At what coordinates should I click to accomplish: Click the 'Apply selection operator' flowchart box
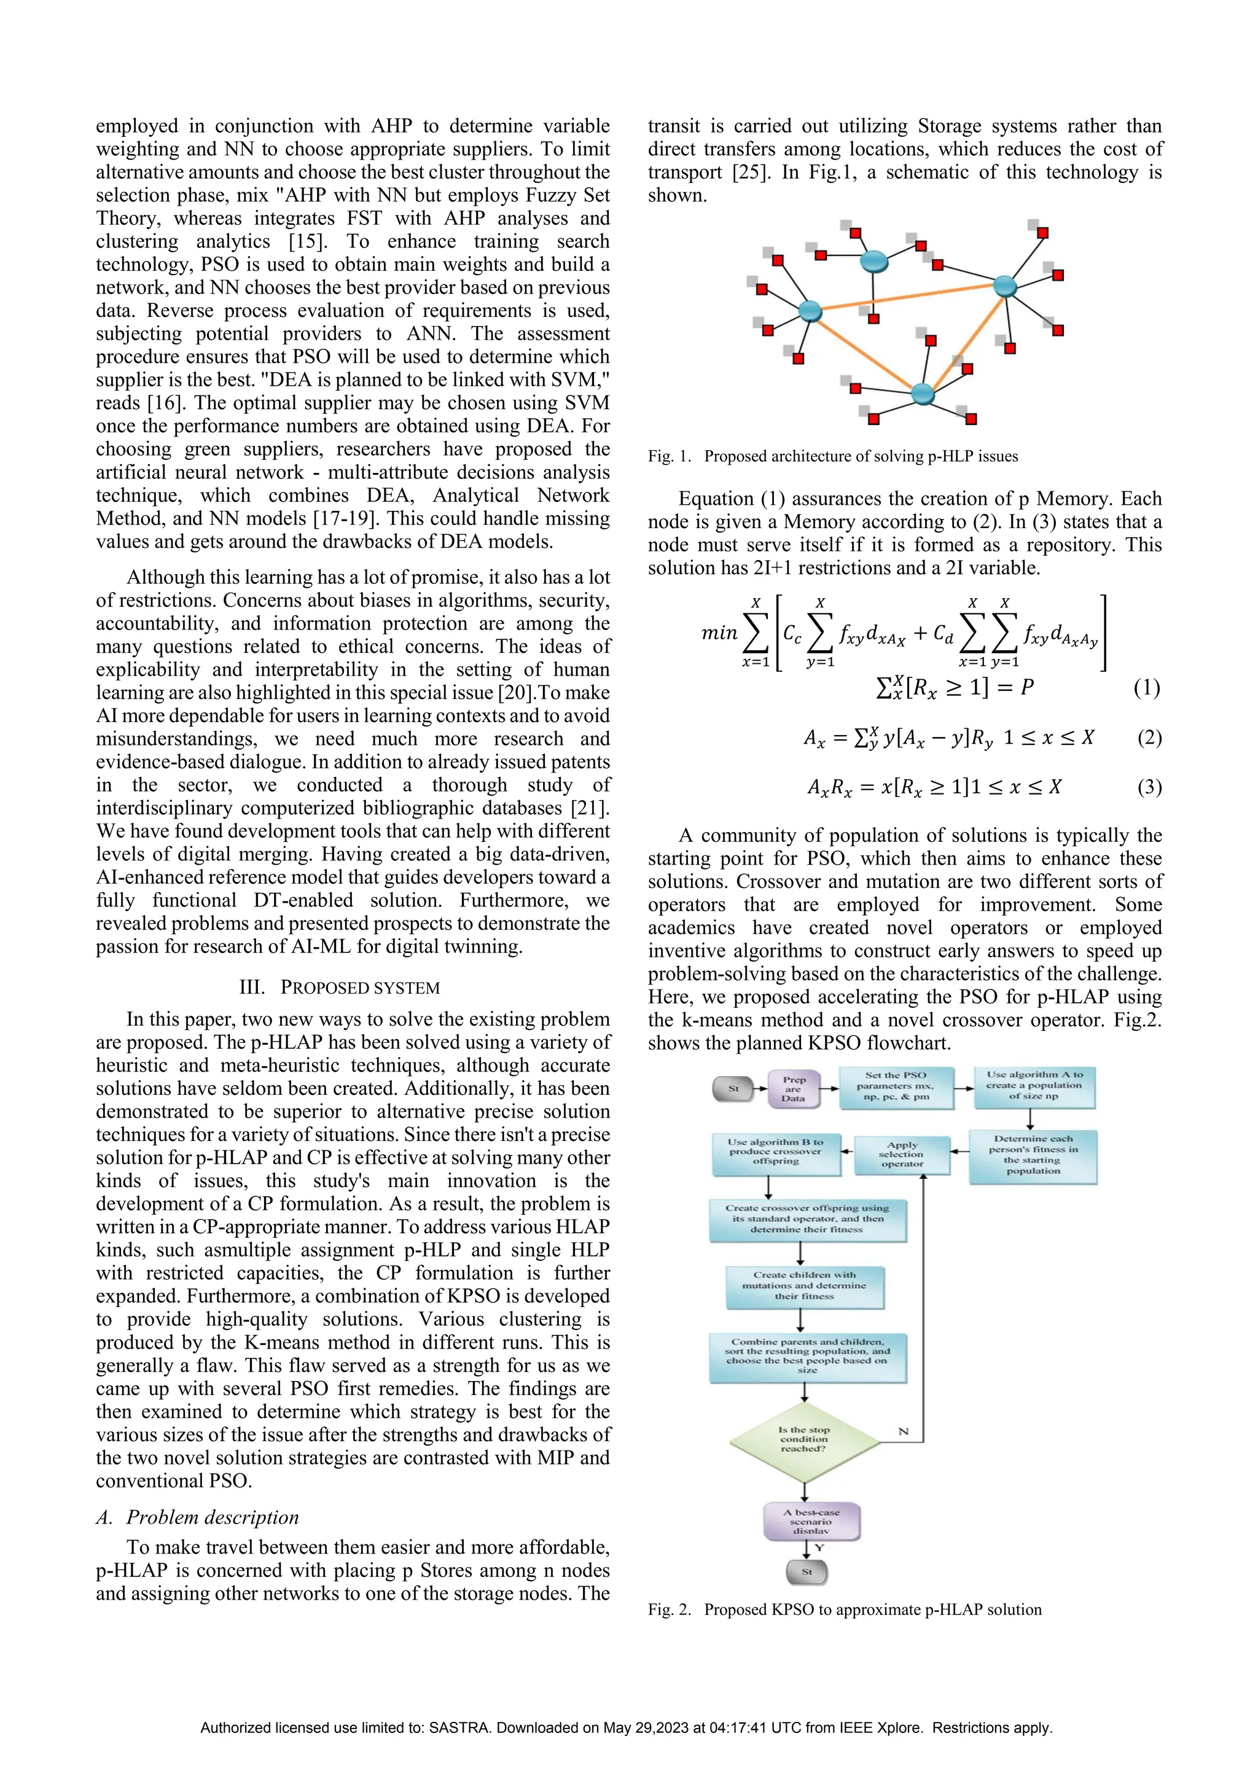[902, 1154]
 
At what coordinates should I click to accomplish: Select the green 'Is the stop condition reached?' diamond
[805, 1439]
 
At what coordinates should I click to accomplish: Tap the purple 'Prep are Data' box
[793, 1089]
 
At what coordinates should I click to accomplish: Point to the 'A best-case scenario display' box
[811, 1522]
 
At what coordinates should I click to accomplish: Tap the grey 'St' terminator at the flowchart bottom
[807, 1572]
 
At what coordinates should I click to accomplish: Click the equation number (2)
[1149, 737]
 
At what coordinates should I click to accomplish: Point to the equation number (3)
[1149, 787]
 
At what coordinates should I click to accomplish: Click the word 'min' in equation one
[719, 633]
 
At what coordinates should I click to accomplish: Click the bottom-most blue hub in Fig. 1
[923, 394]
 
